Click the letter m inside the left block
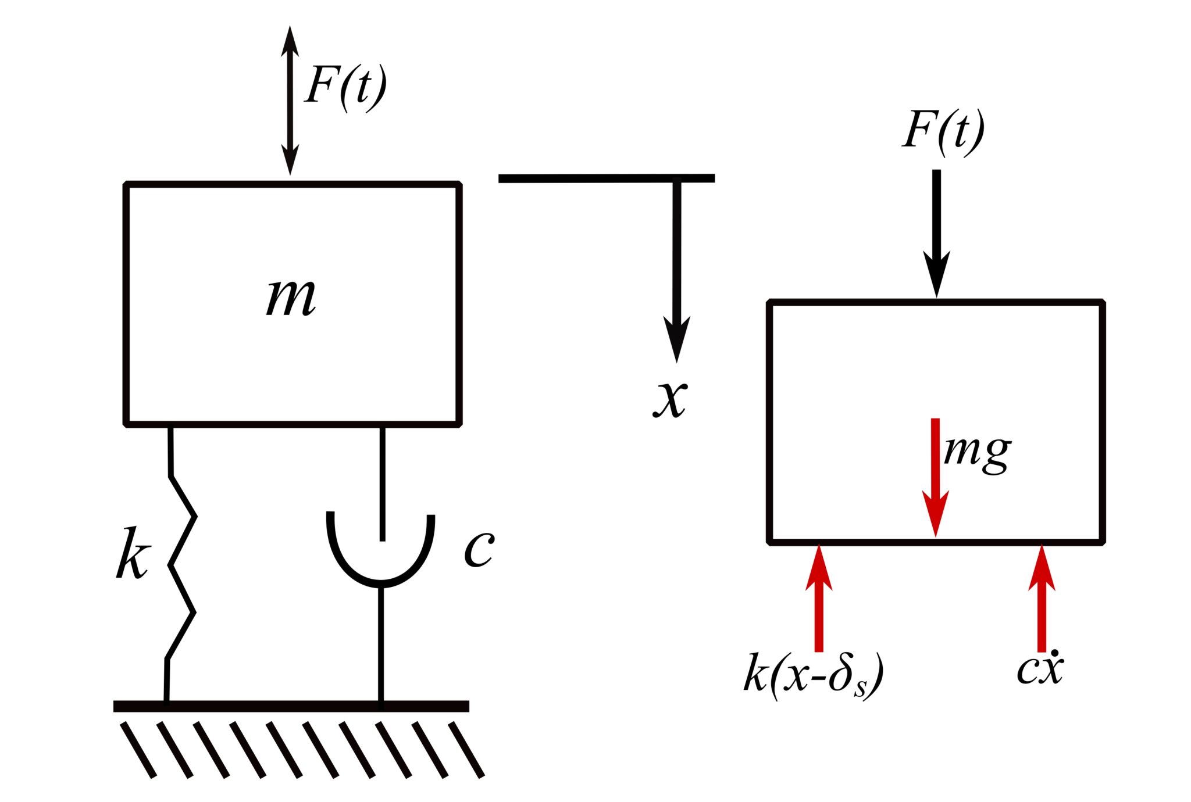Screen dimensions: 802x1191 tap(291, 298)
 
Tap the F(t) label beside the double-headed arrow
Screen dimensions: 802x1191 tap(345, 87)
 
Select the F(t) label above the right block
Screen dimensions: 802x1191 tap(943, 131)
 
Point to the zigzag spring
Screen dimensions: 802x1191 tap(181, 564)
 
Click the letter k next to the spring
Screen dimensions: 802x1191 tap(133, 554)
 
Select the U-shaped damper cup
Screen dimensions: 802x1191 tap(381, 558)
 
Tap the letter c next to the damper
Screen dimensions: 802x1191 tap(479, 549)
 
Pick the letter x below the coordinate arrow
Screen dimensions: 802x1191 tap(670, 399)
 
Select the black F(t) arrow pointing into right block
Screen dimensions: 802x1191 tap(936, 232)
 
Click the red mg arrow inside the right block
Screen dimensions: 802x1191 tap(935, 477)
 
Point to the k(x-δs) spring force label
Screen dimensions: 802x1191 tap(813, 676)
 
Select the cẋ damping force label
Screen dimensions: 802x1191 tap(1040, 668)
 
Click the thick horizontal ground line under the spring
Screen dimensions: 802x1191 tap(291, 707)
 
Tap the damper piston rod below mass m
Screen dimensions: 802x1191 tap(382, 482)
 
